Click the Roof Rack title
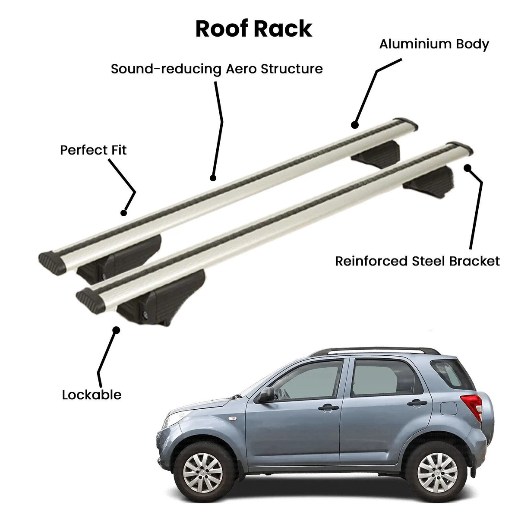pos(253,28)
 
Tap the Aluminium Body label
pos(434,44)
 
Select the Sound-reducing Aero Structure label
pos(217,69)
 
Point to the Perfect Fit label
pos(93,150)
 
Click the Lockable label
pos(92,395)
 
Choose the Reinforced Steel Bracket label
pos(417,261)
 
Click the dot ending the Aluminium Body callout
pos(355,125)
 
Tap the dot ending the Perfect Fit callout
pos(123,213)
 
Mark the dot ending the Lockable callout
pos(116,330)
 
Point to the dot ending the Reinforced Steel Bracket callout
pos(468,168)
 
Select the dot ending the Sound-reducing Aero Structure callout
pos(213,178)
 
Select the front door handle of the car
pos(328,407)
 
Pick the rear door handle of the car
pos(417,403)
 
